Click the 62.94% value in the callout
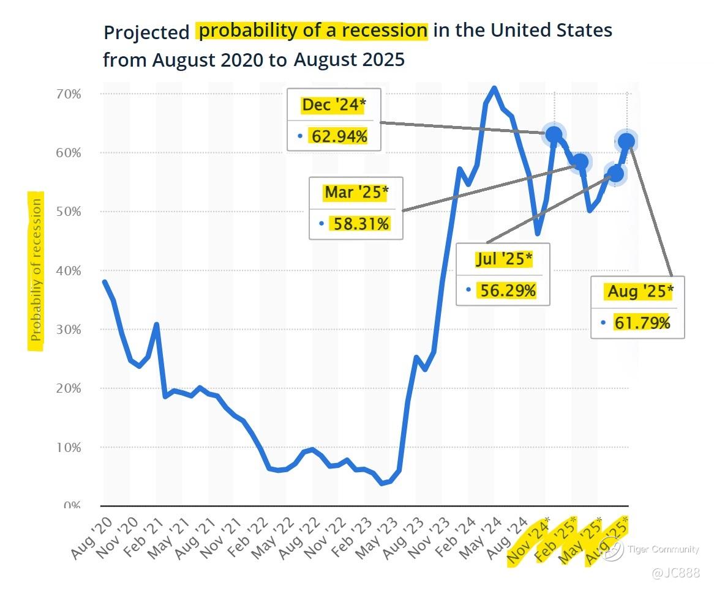[x=339, y=136]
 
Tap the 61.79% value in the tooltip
[x=642, y=322]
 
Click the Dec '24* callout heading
[x=334, y=105]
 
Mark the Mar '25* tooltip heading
[x=356, y=193]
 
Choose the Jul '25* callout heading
[x=503, y=259]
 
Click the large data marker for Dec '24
[x=554, y=135]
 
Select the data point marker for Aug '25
[x=626, y=142]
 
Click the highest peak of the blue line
[x=494, y=89]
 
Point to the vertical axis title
[x=37, y=269]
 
